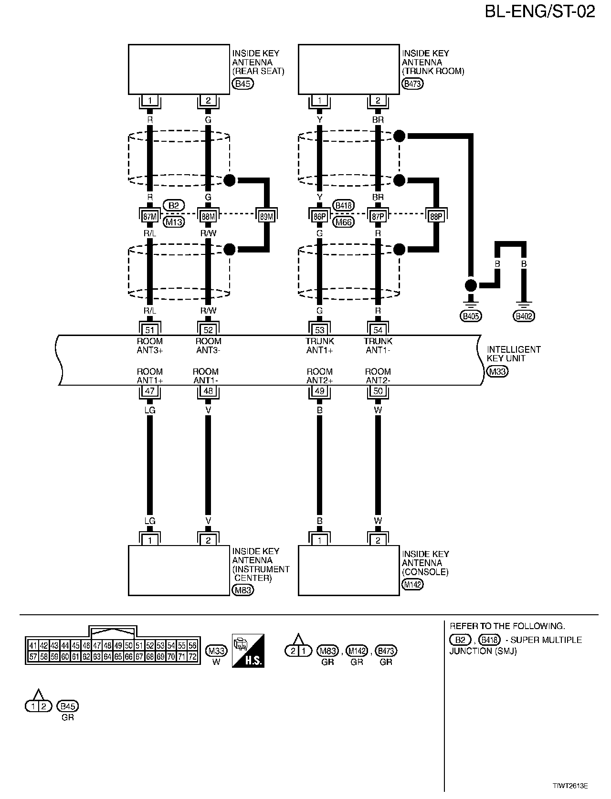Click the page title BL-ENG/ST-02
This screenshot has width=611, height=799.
tap(540, 12)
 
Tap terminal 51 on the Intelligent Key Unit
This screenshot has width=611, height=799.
tap(150, 329)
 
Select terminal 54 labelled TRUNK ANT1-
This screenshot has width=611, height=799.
tap(378, 329)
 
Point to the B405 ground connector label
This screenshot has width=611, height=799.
tap(471, 315)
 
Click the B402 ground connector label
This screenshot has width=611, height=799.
tap(524, 315)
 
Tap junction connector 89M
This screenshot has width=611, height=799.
tap(266, 216)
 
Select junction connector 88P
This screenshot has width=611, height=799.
tap(436, 216)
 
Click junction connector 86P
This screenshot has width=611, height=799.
tap(319, 216)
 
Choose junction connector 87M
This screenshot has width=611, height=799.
tap(150, 216)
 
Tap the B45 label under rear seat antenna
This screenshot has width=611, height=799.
tap(242, 84)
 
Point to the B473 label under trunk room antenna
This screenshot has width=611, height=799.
tap(413, 84)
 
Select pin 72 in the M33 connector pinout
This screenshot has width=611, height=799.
tap(192, 657)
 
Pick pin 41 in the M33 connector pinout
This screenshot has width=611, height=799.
tap(33, 646)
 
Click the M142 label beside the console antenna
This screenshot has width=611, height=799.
tap(412, 584)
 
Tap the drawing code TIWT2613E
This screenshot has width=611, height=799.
tap(570, 785)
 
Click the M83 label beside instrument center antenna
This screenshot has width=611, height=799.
tap(242, 590)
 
